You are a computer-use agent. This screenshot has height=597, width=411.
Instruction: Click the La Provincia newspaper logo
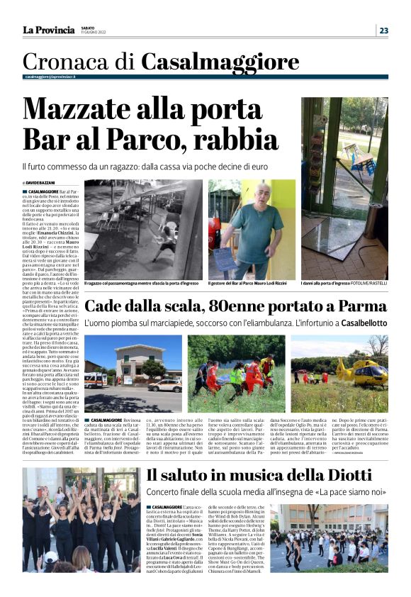point(48,30)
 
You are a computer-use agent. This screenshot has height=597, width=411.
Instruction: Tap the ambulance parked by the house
point(96,380)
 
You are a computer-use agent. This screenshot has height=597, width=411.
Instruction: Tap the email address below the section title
point(50,76)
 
